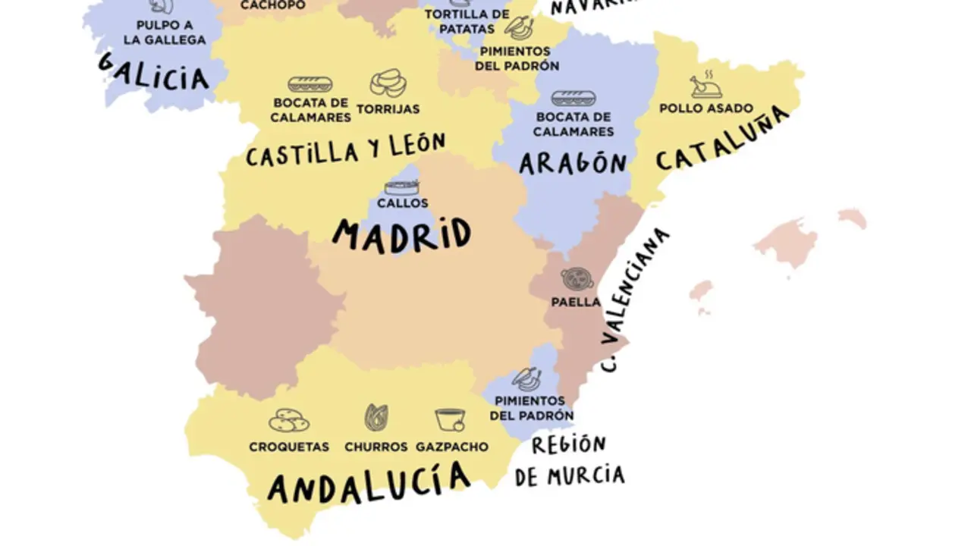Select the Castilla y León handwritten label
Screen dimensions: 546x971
[346, 151]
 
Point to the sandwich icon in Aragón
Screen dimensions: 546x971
[573, 99]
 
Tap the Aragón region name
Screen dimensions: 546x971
[573, 163]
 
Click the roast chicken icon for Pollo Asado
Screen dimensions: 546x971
[706, 86]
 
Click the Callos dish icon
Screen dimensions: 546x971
[402, 187]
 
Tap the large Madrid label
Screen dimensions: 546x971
[402, 234]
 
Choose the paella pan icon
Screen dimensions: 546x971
[577, 279]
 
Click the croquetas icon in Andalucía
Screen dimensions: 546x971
[289, 420]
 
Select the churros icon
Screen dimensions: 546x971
[376, 418]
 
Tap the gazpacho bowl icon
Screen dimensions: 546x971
[451, 419]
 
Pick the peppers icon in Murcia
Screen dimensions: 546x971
[526, 378]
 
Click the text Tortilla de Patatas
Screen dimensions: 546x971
[467, 21]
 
